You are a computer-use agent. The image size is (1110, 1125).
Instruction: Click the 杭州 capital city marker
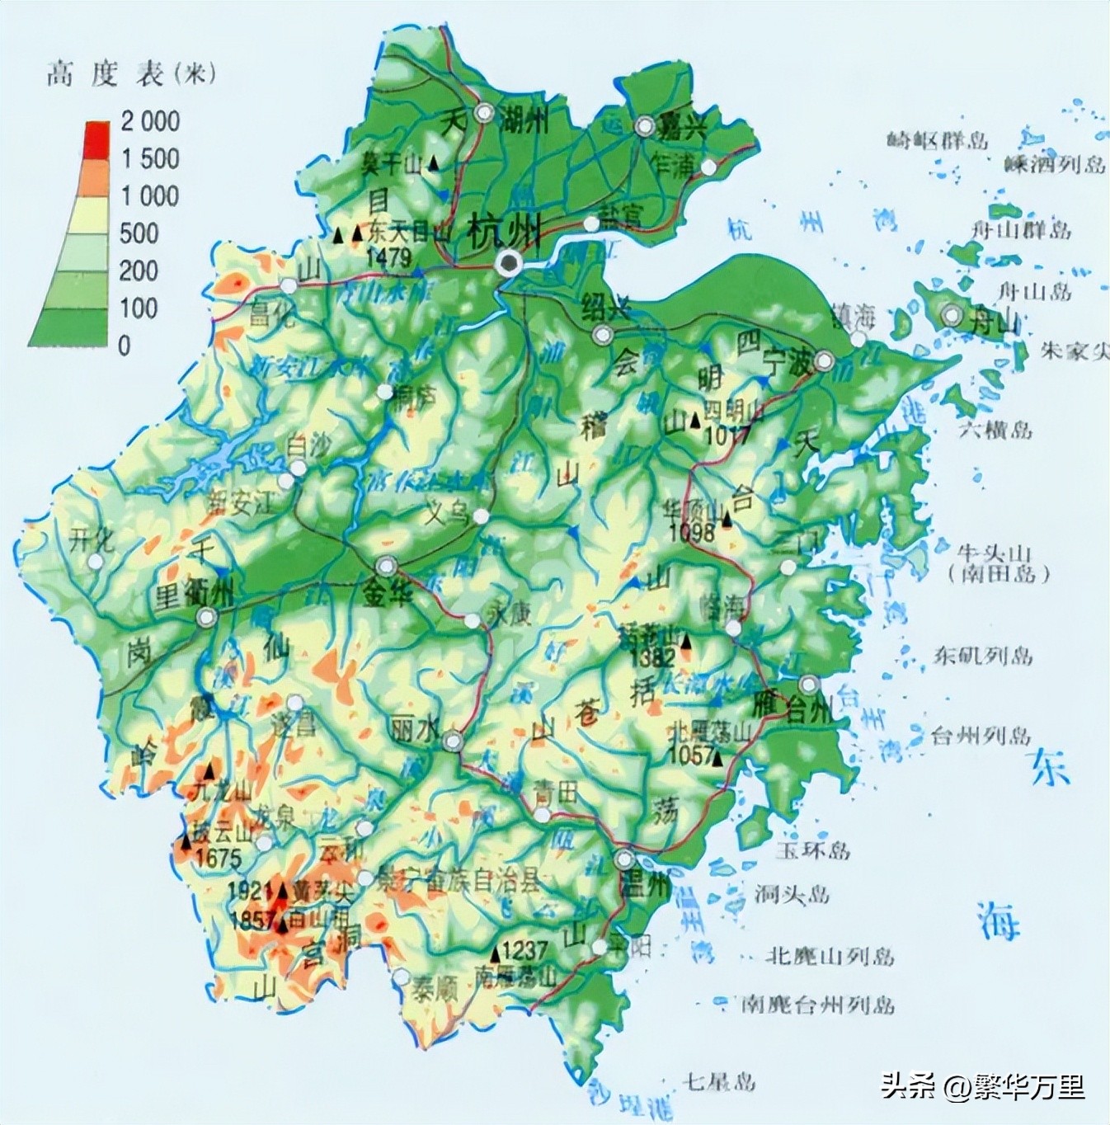[510, 263]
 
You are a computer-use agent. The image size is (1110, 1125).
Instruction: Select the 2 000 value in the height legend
[149, 121]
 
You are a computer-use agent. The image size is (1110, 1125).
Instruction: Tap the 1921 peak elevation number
[249, 891]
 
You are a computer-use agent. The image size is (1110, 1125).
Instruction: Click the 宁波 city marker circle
[823, 361]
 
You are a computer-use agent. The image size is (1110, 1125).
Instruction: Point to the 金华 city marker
[386, 566]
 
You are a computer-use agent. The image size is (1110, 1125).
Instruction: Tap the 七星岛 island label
[719, 1080]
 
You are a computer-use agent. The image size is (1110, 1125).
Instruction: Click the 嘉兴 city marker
[645, 126]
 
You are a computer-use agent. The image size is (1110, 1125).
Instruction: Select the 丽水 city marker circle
[452, 741]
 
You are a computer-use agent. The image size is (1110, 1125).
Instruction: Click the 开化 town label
[92, 541]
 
